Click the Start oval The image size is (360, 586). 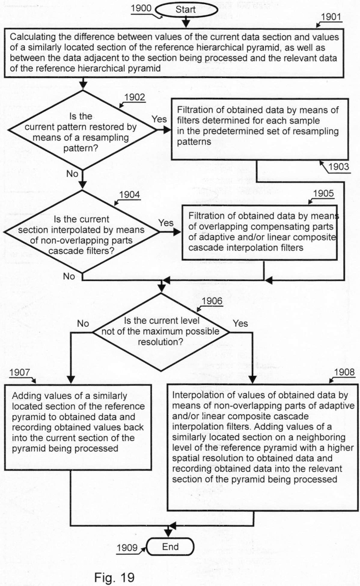(x=186, y=10)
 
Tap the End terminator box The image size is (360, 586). (x=170, y=547)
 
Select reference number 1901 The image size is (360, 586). (x=331, y=17)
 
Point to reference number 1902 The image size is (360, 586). (x=135, y=97)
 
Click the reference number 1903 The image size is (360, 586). (x=339, y=167)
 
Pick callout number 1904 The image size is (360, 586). (x=130, y=195)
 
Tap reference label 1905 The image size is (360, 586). (x=323, y=193)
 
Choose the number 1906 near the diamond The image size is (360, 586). (x=212, y=301)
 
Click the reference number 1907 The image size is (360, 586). (x=20, y=372)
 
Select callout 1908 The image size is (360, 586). (x=344, y=372)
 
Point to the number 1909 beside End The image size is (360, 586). (x=127, y=548)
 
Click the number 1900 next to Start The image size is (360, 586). (x=141, y=8)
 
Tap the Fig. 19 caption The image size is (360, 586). (x=114, y=577)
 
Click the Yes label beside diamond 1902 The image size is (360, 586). (x=159, y=119)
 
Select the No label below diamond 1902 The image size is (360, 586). (x=72, y=173)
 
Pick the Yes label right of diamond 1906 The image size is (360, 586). (x=240, y=323)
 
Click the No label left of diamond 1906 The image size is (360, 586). (x=83, y=323)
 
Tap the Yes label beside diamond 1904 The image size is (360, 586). (x=166, y=223)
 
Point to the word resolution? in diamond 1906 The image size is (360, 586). (x=160, y=342)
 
